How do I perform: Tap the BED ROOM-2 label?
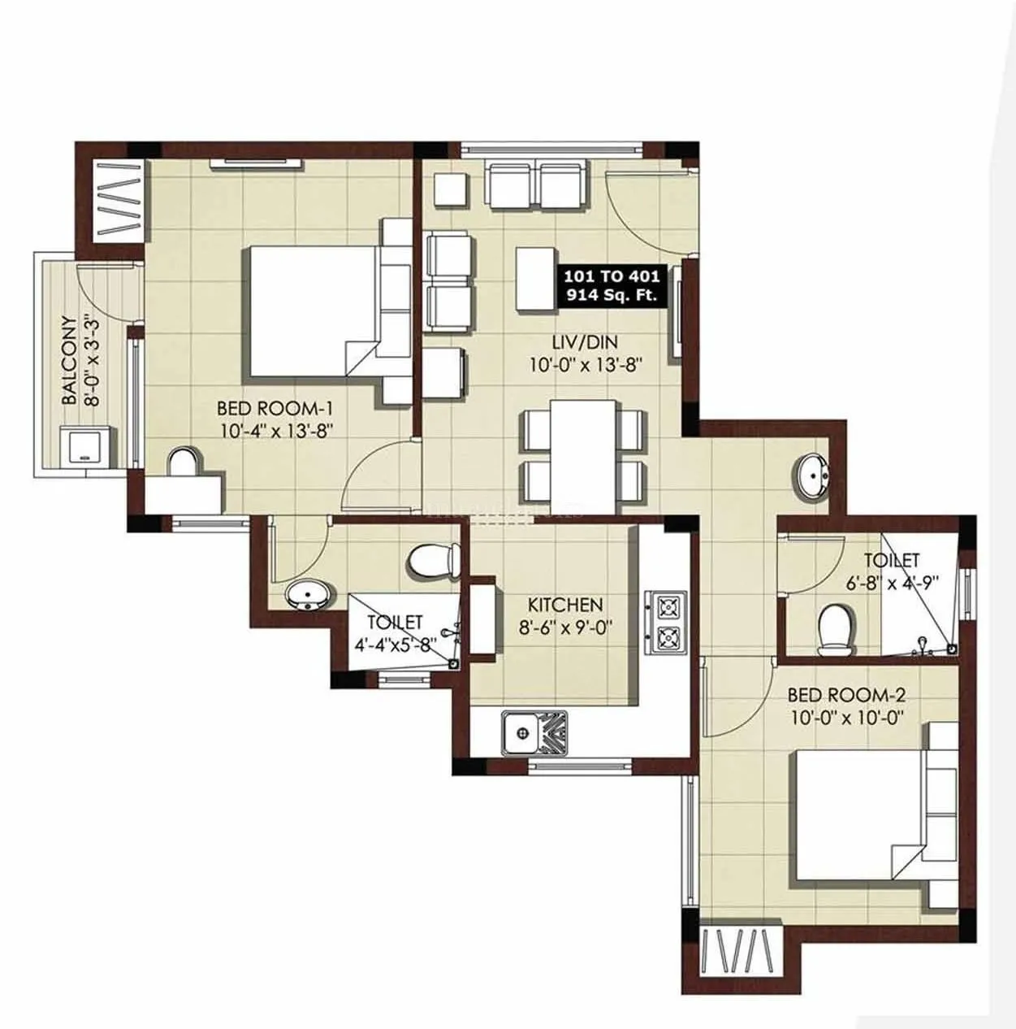pos(847,695)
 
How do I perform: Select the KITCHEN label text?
pos(565,606)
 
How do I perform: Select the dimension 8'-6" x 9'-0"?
pos(566,627)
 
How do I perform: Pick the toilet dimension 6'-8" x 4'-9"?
pos(892,582)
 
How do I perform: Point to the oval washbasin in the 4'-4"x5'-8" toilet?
pos(309,596)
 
